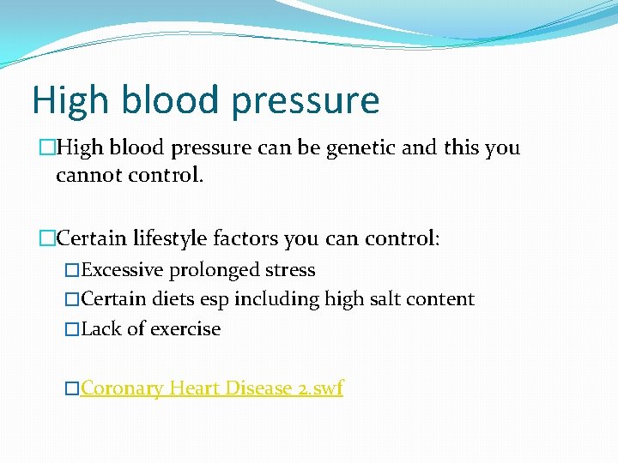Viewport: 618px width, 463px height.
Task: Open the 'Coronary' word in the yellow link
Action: pyautogui.click(x=122, y=388)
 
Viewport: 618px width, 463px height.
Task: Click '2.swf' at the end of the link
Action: pyautogui.click(x=319, y=388)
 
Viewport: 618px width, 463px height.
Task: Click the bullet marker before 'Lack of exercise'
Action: pyautogui.click(x=71, y=329)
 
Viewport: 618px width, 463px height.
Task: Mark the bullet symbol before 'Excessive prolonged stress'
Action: pyautogui.click(x=71, y=270)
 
